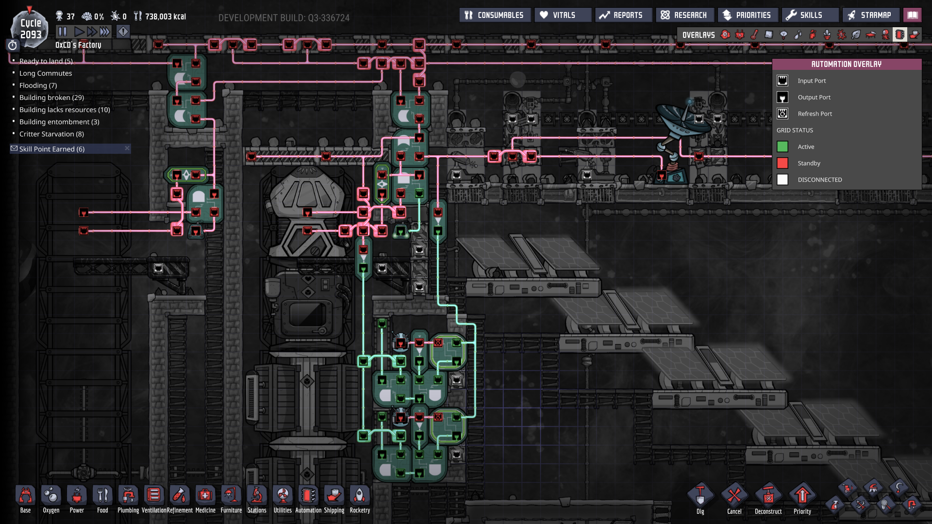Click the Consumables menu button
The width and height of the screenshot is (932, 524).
click(495, 15)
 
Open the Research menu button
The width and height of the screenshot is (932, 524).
click(684, 15)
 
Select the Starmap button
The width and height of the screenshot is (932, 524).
click(870, 15)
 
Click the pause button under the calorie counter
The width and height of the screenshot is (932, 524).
click(63, 32)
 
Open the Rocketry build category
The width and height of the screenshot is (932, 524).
click(360, 496)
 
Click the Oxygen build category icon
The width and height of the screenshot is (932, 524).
click(51, 496)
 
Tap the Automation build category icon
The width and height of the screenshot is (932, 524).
click(308, 496)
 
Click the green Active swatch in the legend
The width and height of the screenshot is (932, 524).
click(782, 147)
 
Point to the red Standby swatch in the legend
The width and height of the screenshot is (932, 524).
click(782, 163)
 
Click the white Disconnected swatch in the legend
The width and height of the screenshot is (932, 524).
click(782, 180)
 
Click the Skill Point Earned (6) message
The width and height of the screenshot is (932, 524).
click(52, 149)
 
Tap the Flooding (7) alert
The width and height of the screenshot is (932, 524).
click(38, 85)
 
